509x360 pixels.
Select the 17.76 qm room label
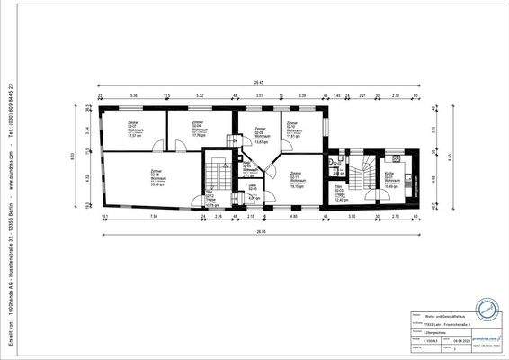(200, 130)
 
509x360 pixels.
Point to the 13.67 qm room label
(262, 136)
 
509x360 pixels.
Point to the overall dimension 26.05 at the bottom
(259, 235)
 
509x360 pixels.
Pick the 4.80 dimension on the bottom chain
(293, 217)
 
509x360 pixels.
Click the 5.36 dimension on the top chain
(134, 94)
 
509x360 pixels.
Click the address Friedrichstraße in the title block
(447, 323)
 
